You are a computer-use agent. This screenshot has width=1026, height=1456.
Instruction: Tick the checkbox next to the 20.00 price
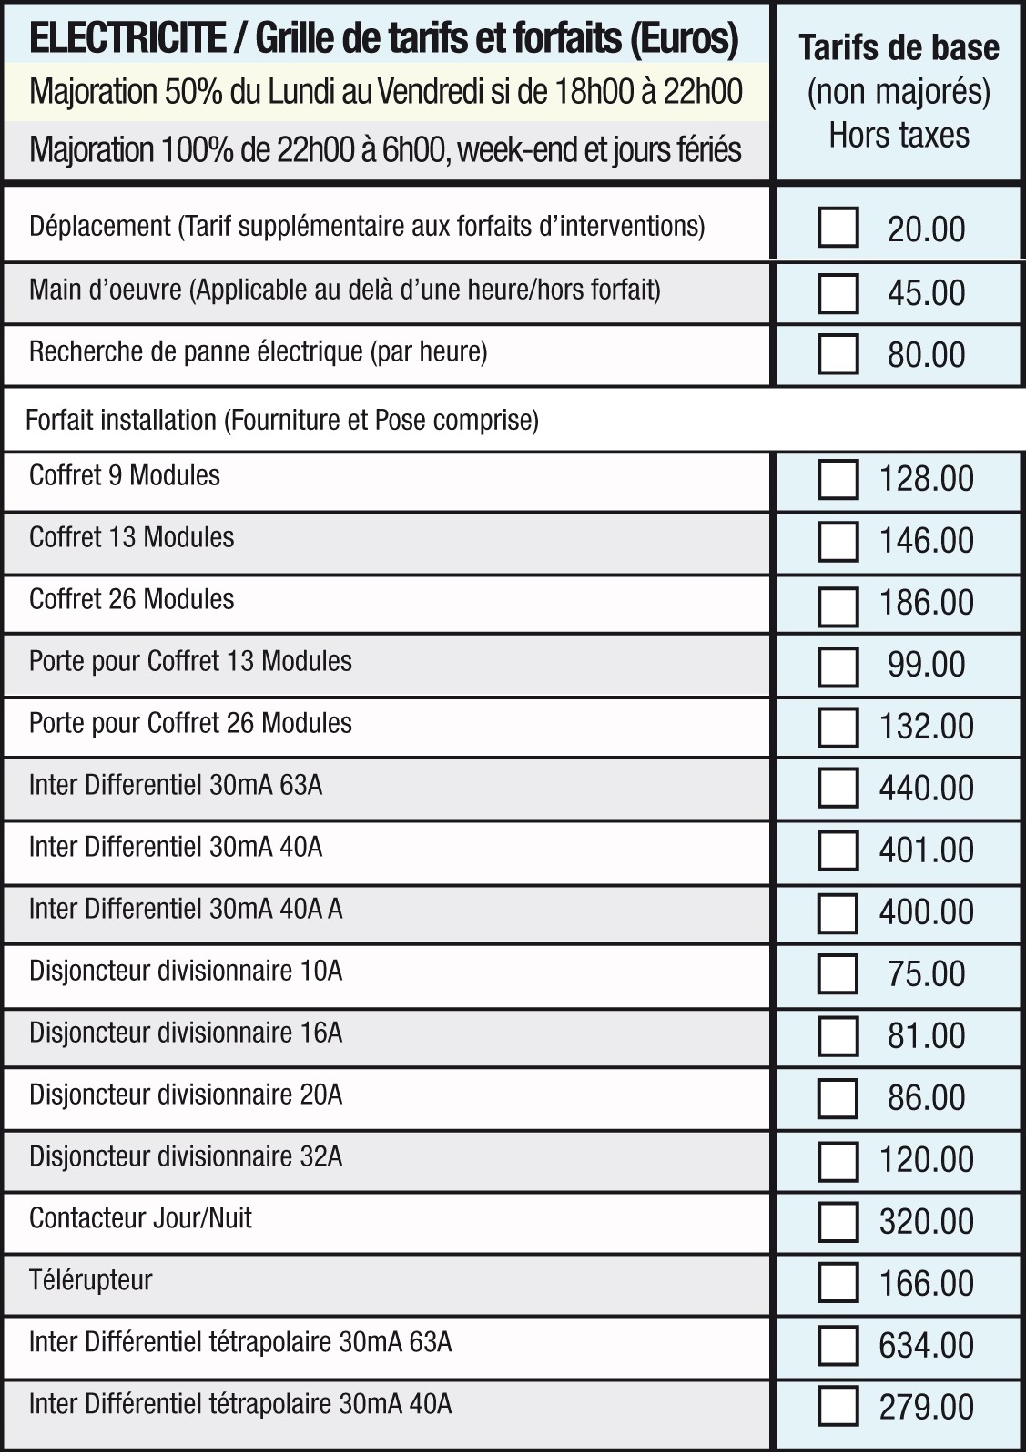click(838, 228)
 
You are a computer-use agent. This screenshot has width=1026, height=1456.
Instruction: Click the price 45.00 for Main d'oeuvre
click(926, 293)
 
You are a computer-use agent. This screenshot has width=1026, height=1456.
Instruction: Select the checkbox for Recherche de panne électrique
click(838, 354)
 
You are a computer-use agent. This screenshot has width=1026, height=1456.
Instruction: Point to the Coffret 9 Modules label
click(125, 475)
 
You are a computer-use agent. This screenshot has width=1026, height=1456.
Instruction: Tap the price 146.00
click(926, 541)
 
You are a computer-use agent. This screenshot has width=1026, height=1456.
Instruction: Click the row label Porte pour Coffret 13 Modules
click(190, 661)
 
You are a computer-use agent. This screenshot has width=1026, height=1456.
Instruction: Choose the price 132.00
click(926, 727)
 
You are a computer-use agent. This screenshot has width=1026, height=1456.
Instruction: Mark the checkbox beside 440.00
click(838, 788)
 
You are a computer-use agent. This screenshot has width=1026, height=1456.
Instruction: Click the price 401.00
click(926, 850)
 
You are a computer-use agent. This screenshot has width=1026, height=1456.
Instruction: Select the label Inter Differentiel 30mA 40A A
click(186, 909)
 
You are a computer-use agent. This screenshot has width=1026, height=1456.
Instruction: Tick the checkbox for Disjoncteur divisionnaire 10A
click(838, 973)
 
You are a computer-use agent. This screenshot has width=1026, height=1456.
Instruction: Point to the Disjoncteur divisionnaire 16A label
click(186, 1033)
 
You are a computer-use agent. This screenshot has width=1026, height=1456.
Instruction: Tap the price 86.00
click(926, 1098)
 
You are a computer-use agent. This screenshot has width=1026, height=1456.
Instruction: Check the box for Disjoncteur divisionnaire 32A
click(838, 1161)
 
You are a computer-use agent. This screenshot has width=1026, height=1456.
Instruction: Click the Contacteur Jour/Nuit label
click(140, 1218)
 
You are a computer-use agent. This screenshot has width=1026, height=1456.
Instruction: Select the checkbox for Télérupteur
click(838, 1283)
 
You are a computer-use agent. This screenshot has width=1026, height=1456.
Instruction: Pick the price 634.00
click(926, 1346)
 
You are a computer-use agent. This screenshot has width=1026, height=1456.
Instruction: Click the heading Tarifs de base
click(899, 47)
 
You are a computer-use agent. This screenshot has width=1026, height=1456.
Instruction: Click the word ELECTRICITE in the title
click(127, 38)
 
